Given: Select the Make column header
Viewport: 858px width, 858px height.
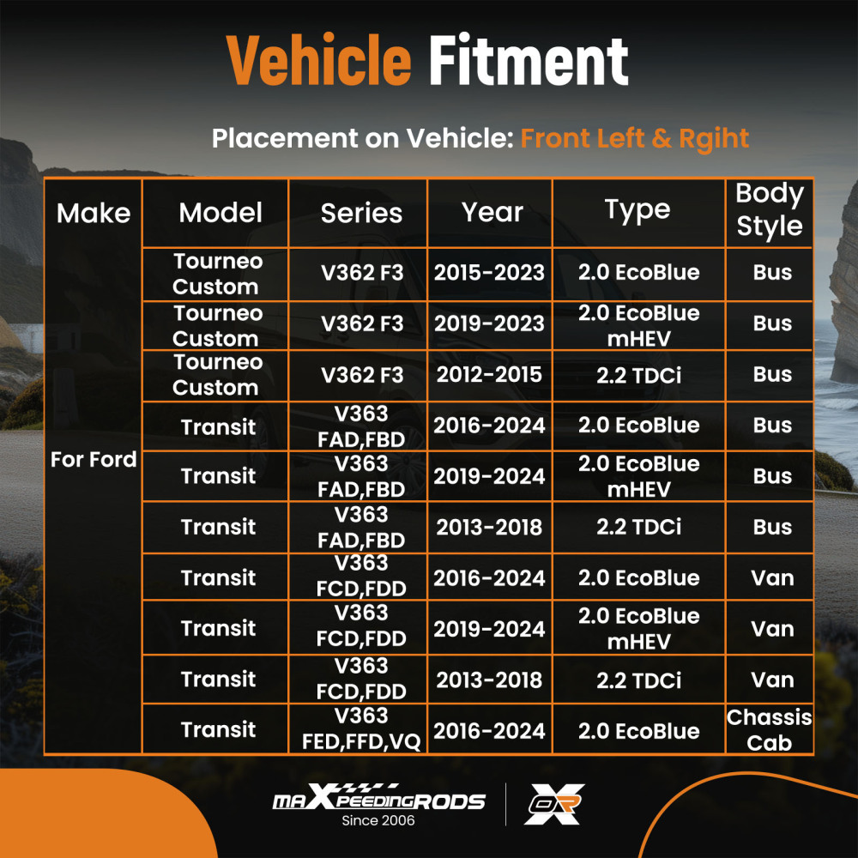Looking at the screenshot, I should (x=94, y=213).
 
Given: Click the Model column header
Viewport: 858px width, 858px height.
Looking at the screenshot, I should (x=221, y=213).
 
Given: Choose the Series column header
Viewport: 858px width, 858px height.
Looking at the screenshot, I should (x=361, y=213).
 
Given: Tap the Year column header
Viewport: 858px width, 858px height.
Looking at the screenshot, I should (x=492, y=213).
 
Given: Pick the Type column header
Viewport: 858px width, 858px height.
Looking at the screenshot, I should (x=637, y=210).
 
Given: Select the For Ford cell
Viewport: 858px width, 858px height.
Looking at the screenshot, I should (x=94, y=460).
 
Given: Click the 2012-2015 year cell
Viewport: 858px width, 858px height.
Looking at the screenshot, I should (x=489, y=374).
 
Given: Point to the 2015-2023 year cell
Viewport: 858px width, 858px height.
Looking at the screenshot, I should (x=489, y=273).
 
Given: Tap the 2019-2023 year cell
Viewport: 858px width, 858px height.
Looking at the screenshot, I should (x=489, y=323).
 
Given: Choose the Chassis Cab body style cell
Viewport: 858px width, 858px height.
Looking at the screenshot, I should (x=769, y=729).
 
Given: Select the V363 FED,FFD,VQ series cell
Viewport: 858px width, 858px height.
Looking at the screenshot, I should (x=361, y=729).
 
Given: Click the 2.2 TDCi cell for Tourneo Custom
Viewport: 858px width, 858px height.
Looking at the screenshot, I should (x=638, y=374).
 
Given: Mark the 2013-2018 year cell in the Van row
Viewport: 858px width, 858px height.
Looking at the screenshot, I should (x=489, y=680).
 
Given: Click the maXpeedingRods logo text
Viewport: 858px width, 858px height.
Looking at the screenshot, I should (x=378, y=800).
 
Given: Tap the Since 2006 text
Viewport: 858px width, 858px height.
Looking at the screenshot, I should (x=378, y=821).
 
